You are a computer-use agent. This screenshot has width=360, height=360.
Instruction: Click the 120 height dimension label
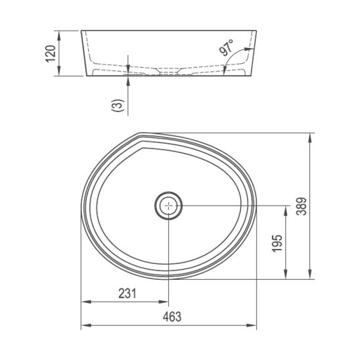point(51,53)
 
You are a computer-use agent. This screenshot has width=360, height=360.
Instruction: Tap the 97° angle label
point(227,47)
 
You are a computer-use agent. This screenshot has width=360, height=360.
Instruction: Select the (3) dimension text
point(118,105)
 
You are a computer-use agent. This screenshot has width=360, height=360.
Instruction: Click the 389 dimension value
point(302,206)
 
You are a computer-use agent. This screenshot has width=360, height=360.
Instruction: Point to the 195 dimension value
point(277,243)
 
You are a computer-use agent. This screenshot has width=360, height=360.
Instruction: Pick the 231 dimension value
point(127,294)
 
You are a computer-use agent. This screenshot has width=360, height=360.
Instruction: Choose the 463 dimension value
point(172,317)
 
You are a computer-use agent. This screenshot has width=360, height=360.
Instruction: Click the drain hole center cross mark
point(169,206)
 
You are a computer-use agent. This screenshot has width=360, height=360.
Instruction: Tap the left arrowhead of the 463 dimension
point(86,325)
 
